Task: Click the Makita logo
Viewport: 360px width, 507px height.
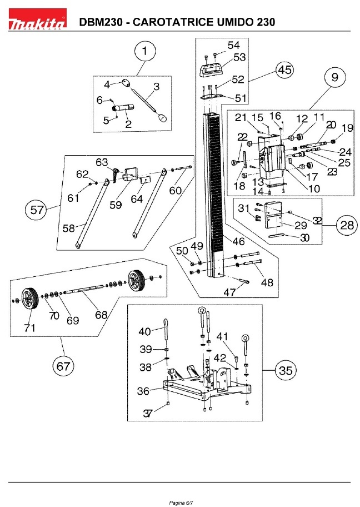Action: tap(37, 19)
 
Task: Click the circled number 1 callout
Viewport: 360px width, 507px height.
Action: tap(145, 51)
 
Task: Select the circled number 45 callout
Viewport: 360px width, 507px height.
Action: tap(284, 70)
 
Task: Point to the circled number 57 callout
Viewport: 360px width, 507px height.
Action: tap(36, 210)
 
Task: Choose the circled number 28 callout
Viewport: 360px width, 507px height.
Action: tap(347, 225)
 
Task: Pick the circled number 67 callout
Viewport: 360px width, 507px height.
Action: tap(63, 366)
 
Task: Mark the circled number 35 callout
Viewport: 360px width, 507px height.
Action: tap(286, 371)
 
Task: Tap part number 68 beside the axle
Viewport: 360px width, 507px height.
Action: tap(101, 314)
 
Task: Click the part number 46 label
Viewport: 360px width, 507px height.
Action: tap(238, 241)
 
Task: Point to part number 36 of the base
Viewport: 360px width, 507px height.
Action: tap(143, 391)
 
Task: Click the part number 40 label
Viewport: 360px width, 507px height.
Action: tap(144, 331)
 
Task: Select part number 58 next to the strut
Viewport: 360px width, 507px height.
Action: tap(68, 228)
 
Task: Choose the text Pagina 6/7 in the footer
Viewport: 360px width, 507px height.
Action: tap(181, 503)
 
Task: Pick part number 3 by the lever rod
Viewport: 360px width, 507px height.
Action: tap(157, 87)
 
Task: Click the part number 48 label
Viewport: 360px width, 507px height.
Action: tap(267, 282)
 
